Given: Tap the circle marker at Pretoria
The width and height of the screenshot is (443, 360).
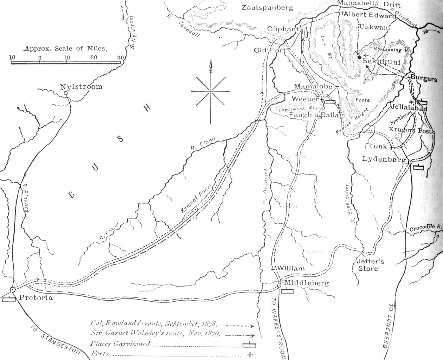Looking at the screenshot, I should [13, 289].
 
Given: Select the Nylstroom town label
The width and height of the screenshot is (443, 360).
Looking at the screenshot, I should [81, 87].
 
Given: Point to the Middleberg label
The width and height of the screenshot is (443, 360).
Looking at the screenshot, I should [304, 283].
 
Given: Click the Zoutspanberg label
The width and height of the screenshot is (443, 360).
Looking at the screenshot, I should [268, 7].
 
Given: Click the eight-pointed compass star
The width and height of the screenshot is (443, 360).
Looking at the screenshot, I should [211, 91].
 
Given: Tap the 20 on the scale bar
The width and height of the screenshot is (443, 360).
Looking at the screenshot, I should [94, 58].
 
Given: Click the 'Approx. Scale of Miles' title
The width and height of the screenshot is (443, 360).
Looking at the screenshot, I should [65, 49].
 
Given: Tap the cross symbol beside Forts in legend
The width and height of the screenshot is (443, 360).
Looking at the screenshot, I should [250, 354].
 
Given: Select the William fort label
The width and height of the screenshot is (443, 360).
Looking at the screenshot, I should [291, 268].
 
